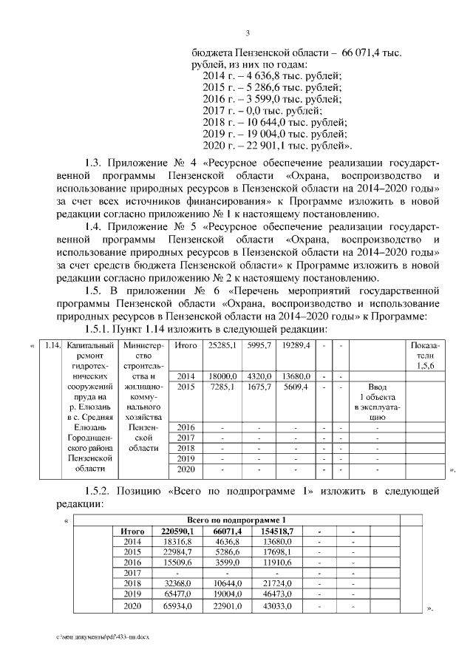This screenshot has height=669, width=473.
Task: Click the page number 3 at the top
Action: (248, 33)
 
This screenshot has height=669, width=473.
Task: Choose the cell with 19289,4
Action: (294, 345)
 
